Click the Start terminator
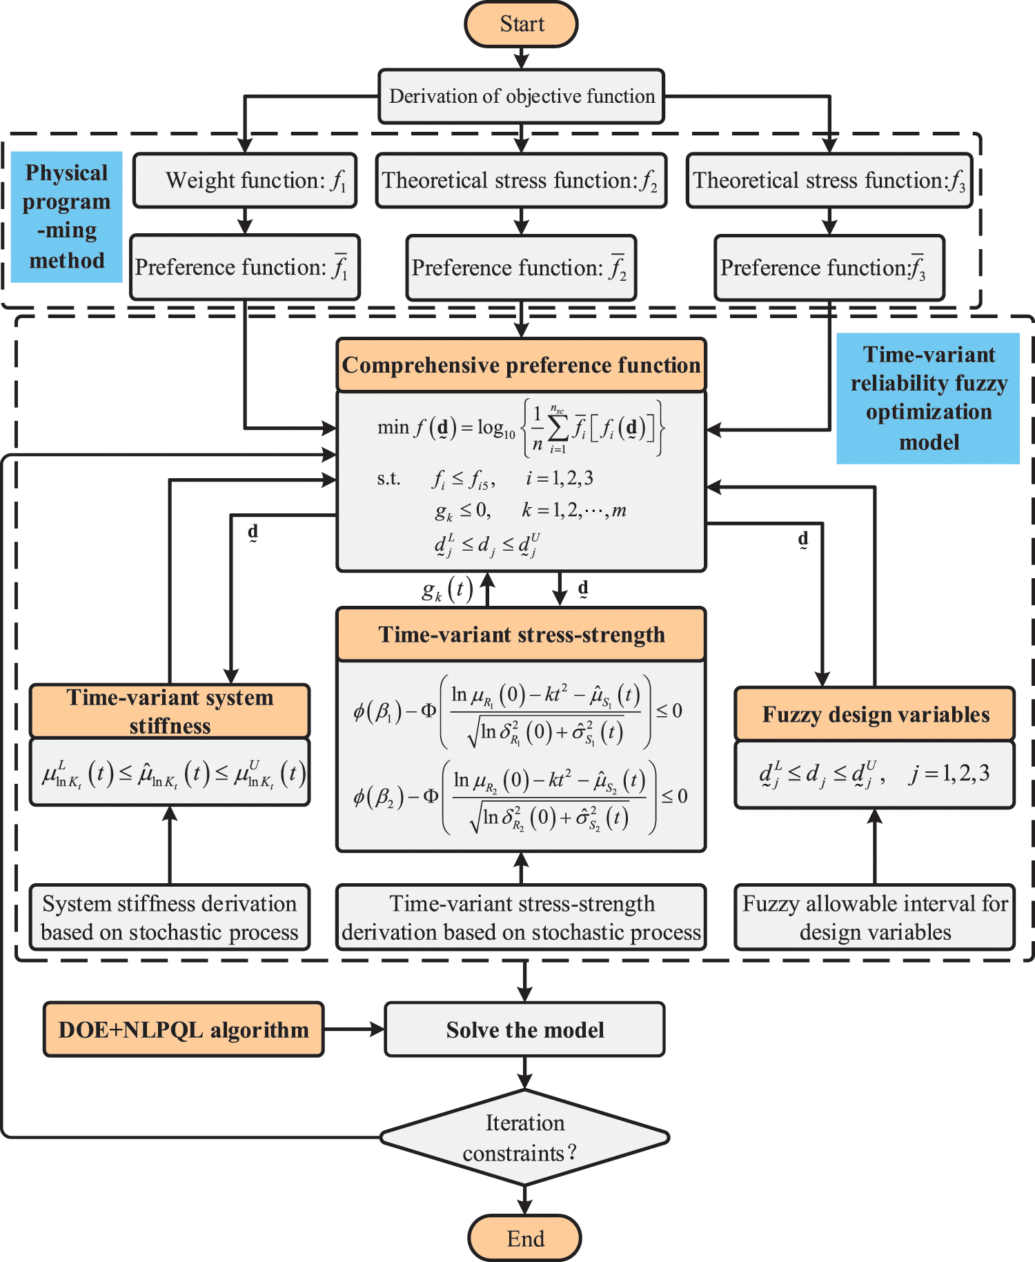pos(522,24)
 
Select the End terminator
pos(525,1239)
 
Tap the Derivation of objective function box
pos(522,96)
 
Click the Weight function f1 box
pos(245,180)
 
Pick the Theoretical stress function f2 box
pos(522,180)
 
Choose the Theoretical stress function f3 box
pos(829,180)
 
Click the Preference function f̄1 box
pos(245,267)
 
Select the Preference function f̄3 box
pos(829,268)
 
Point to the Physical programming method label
pos(67,217)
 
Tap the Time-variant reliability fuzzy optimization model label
pos(928,398)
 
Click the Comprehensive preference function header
pos(522,365)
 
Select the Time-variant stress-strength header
pos(522,634)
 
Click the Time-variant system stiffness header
pos(170,711)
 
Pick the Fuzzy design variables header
pos(875,714)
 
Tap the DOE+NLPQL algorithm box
pos(184,1029)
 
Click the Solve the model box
pos(525,1029)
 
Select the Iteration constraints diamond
pos(525,1137)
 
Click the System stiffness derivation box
pos(170,917)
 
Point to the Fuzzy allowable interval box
pos(875,917)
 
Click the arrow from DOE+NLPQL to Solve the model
pos(354,1029)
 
